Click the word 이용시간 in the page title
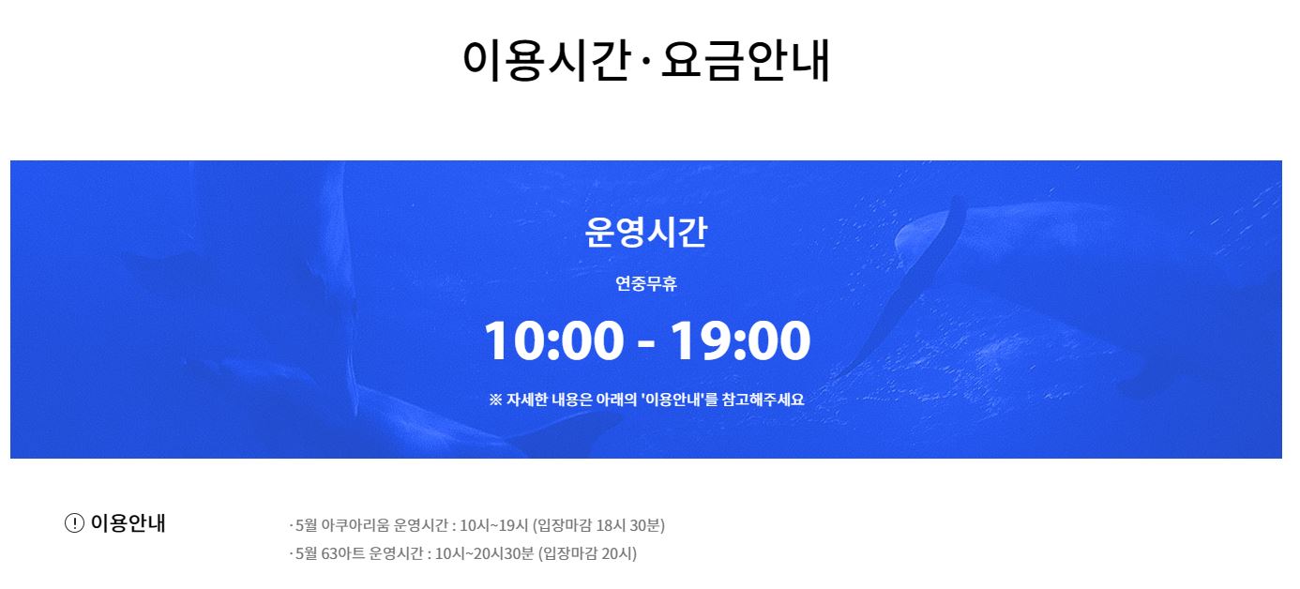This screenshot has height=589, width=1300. pyautogui.click(x=547, y=60)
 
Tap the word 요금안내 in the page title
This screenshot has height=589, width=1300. pyautogui.click(x=746, y=60)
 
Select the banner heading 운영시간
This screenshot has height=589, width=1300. pyautogui.click(x=646, y=232)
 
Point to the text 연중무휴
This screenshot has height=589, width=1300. pyautogui.click(x=646, y=284)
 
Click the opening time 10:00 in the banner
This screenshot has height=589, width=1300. pyautogui.click(x=553, y=340)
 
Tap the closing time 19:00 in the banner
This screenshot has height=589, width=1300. pyautogui.click(x=741, y=340)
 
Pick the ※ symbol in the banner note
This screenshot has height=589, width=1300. pyautogui.click(x=495, y=400)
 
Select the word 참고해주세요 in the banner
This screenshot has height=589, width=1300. pyautogui.click(x=763, y=400)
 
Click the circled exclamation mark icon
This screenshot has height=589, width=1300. pyautogui.click(x=74, y=522)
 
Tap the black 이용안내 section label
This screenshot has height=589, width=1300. pyautogui.click(x=128, y=522)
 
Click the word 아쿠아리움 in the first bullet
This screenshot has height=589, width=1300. pyautogui.click(x=355, y=525)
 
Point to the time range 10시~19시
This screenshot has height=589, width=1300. pyautogui.click(x=494, y=525)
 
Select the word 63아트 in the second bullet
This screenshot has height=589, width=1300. pyautogui.click(x=343, y=553)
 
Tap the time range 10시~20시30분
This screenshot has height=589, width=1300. pyautogui.click(x=484, y=553)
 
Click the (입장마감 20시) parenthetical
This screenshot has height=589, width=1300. pyautogui.click(x=587, y=553)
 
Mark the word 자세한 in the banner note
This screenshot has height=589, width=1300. pyautogui.click(x=527, y=400)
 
